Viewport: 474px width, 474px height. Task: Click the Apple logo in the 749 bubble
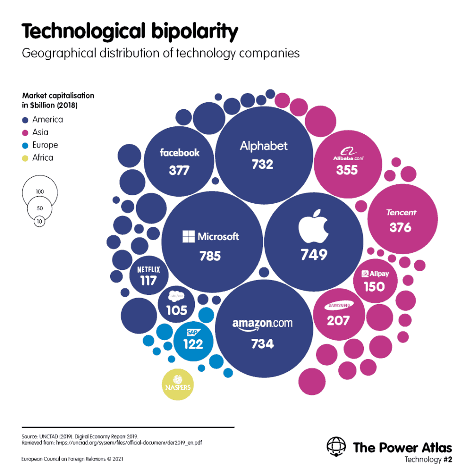pos(313,226)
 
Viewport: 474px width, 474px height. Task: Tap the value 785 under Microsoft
pos(210,256)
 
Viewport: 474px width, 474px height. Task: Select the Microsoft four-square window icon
pos(188,237)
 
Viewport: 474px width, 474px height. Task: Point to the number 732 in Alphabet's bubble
pos(262,164)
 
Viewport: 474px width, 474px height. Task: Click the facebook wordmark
pos(180,153)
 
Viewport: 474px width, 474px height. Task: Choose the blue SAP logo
pos(193,332)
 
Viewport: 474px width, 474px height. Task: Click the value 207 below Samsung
pos(338,320)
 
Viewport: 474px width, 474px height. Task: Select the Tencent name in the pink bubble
pos(401,212)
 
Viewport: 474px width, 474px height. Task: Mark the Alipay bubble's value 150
pos(374,287)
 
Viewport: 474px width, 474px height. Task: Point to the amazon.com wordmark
pos(262,324)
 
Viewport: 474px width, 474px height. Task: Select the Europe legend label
pos(45,145)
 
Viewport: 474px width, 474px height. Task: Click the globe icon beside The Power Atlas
pos(336,448)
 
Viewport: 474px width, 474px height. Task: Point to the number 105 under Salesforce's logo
pos(176,310)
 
